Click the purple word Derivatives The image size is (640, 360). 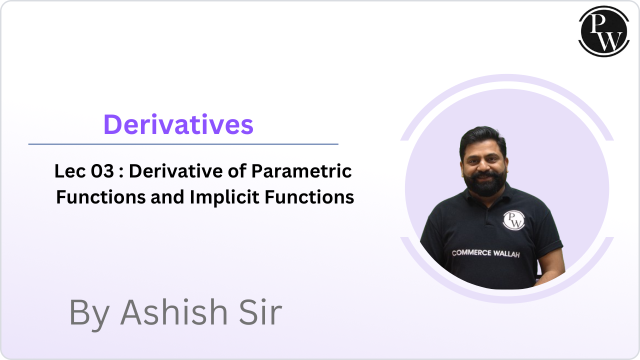point(178,124)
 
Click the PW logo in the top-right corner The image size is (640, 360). point(603,31)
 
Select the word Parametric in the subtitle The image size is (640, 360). point(301,172)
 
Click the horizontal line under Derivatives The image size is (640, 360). point(183,144)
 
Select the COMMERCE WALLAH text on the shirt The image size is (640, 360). point(486,253)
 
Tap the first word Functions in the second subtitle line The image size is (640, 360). point(95,197)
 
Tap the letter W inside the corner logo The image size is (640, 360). point(609,37)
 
